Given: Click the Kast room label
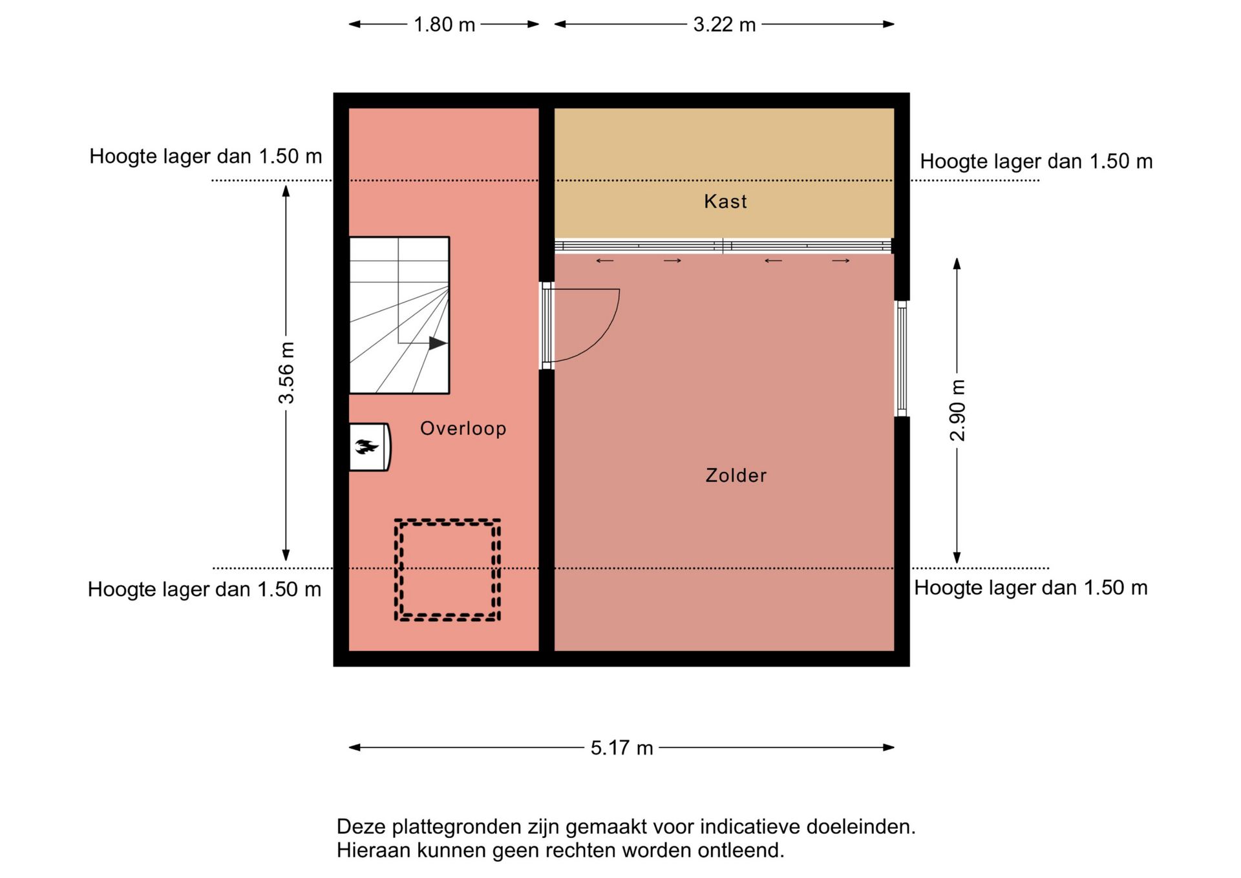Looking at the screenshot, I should point(725,202).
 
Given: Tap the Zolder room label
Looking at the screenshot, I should point(736,476).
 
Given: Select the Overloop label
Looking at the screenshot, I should point(463,429).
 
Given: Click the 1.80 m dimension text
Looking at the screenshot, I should point(444,25).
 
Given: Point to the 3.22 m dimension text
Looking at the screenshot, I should point(724,25).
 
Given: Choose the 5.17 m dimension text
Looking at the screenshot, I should point(621,748).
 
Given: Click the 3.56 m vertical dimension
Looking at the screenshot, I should point(286,373).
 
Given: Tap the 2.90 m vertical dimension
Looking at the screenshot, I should point(957,411).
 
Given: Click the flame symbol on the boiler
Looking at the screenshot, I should point(366,446).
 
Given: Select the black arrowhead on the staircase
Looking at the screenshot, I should point(438,343).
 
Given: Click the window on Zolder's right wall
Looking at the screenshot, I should point(902,359).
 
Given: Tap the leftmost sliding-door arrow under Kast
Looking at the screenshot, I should point(604,261).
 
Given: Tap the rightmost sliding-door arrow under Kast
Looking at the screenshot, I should point(840,261).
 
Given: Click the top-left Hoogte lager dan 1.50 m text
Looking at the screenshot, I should point(206,156).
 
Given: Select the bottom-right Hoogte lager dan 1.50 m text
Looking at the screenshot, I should point(1030,588).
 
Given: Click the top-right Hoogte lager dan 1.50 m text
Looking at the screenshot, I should point(1035,162).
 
